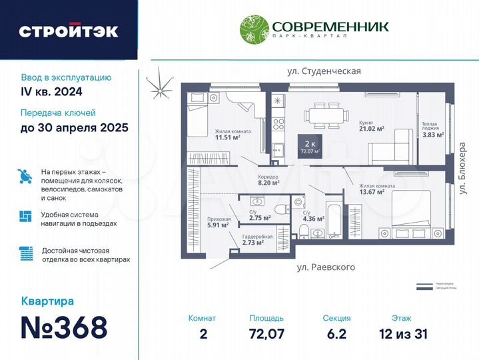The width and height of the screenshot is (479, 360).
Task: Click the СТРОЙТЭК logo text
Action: [x=69, y=31]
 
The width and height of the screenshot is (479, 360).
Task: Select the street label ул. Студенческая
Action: [x=324, y=71]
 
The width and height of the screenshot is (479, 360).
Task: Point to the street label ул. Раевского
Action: [x=325, y=267]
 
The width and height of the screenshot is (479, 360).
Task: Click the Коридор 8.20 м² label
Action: [x=268, y=179]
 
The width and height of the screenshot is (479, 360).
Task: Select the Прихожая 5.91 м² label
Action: [x=219, y=222]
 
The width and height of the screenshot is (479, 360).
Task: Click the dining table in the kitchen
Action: [x=326, y=115]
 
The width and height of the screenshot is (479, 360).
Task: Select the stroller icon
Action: [x=26, y=176]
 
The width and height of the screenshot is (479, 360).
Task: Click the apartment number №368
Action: [x=64, y=327]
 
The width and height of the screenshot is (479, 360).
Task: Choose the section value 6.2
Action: [x=336, y=333]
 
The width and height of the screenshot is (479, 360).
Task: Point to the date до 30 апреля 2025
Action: [x=74, y=127]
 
